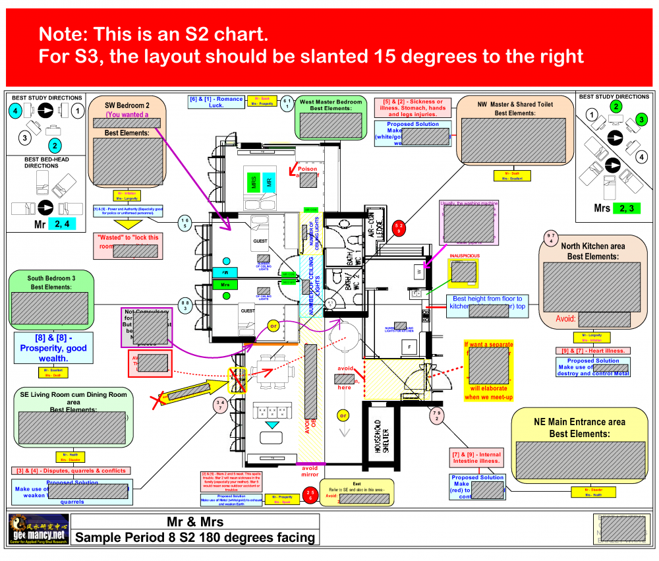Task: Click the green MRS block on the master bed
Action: [254, 182]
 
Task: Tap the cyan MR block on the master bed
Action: [268, 182]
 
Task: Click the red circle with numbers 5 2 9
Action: [399, 228]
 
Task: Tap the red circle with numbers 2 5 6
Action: [310, 495]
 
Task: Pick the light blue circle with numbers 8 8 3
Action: [186, 305]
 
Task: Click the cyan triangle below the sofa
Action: [272, 426]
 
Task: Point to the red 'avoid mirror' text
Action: [310, 471]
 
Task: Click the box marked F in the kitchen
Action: [409, 346]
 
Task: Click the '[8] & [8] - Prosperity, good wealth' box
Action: [53, 348]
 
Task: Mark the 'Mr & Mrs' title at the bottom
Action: [194, 521]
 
